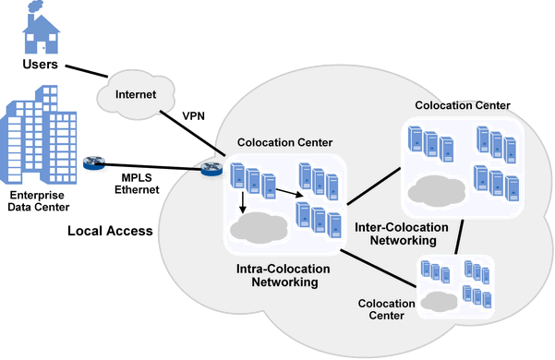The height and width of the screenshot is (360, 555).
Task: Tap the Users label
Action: pos(41,66)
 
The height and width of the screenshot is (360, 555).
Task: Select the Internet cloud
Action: pos(136,94)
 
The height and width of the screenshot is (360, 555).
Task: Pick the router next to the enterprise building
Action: pos(94,163)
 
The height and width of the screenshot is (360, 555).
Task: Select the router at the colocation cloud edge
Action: pos(211,168)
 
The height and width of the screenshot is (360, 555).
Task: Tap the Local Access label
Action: pos(109,230)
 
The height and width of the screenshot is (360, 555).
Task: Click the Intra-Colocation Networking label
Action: pos(284,275)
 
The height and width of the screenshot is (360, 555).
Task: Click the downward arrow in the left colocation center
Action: pos(241,201)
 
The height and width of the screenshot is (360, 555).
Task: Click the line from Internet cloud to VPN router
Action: pos(185,128)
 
